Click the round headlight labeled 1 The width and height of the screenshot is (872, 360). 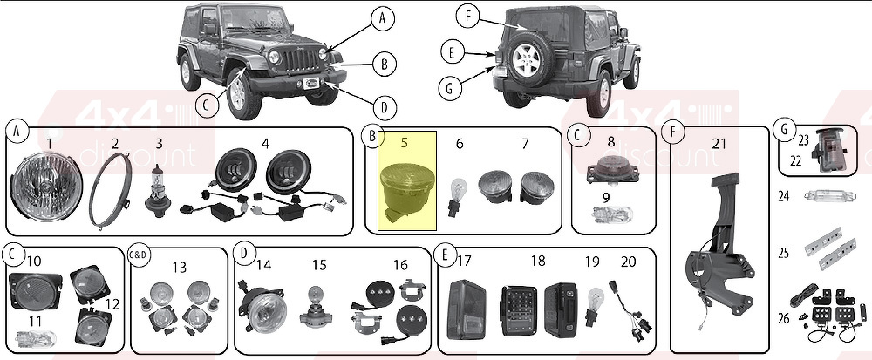pos(48,187)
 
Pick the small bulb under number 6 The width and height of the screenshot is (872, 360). pos(458,197)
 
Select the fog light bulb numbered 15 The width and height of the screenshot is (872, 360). pos(318,309)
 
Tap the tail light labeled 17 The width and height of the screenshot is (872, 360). pos(467,309)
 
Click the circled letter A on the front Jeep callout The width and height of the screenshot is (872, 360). pos(382,18)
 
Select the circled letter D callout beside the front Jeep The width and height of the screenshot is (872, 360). pos(385,105)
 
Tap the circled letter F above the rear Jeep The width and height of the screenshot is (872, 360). pos(468,16)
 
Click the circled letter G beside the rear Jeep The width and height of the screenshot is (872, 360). pos(451,88)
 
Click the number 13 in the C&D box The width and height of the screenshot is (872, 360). pos(179,268)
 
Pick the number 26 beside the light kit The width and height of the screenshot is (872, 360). pos(784,318)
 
